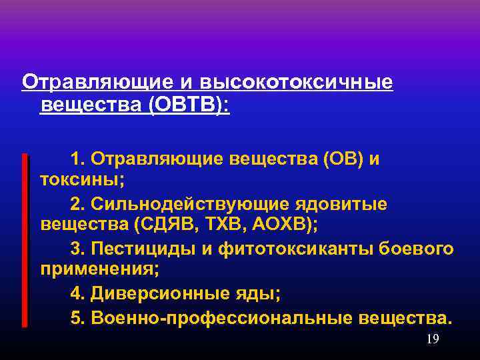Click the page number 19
click(x=432, y=339)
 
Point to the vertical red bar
click(x=25, y=240)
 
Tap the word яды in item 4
click(x=256, y=293)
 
